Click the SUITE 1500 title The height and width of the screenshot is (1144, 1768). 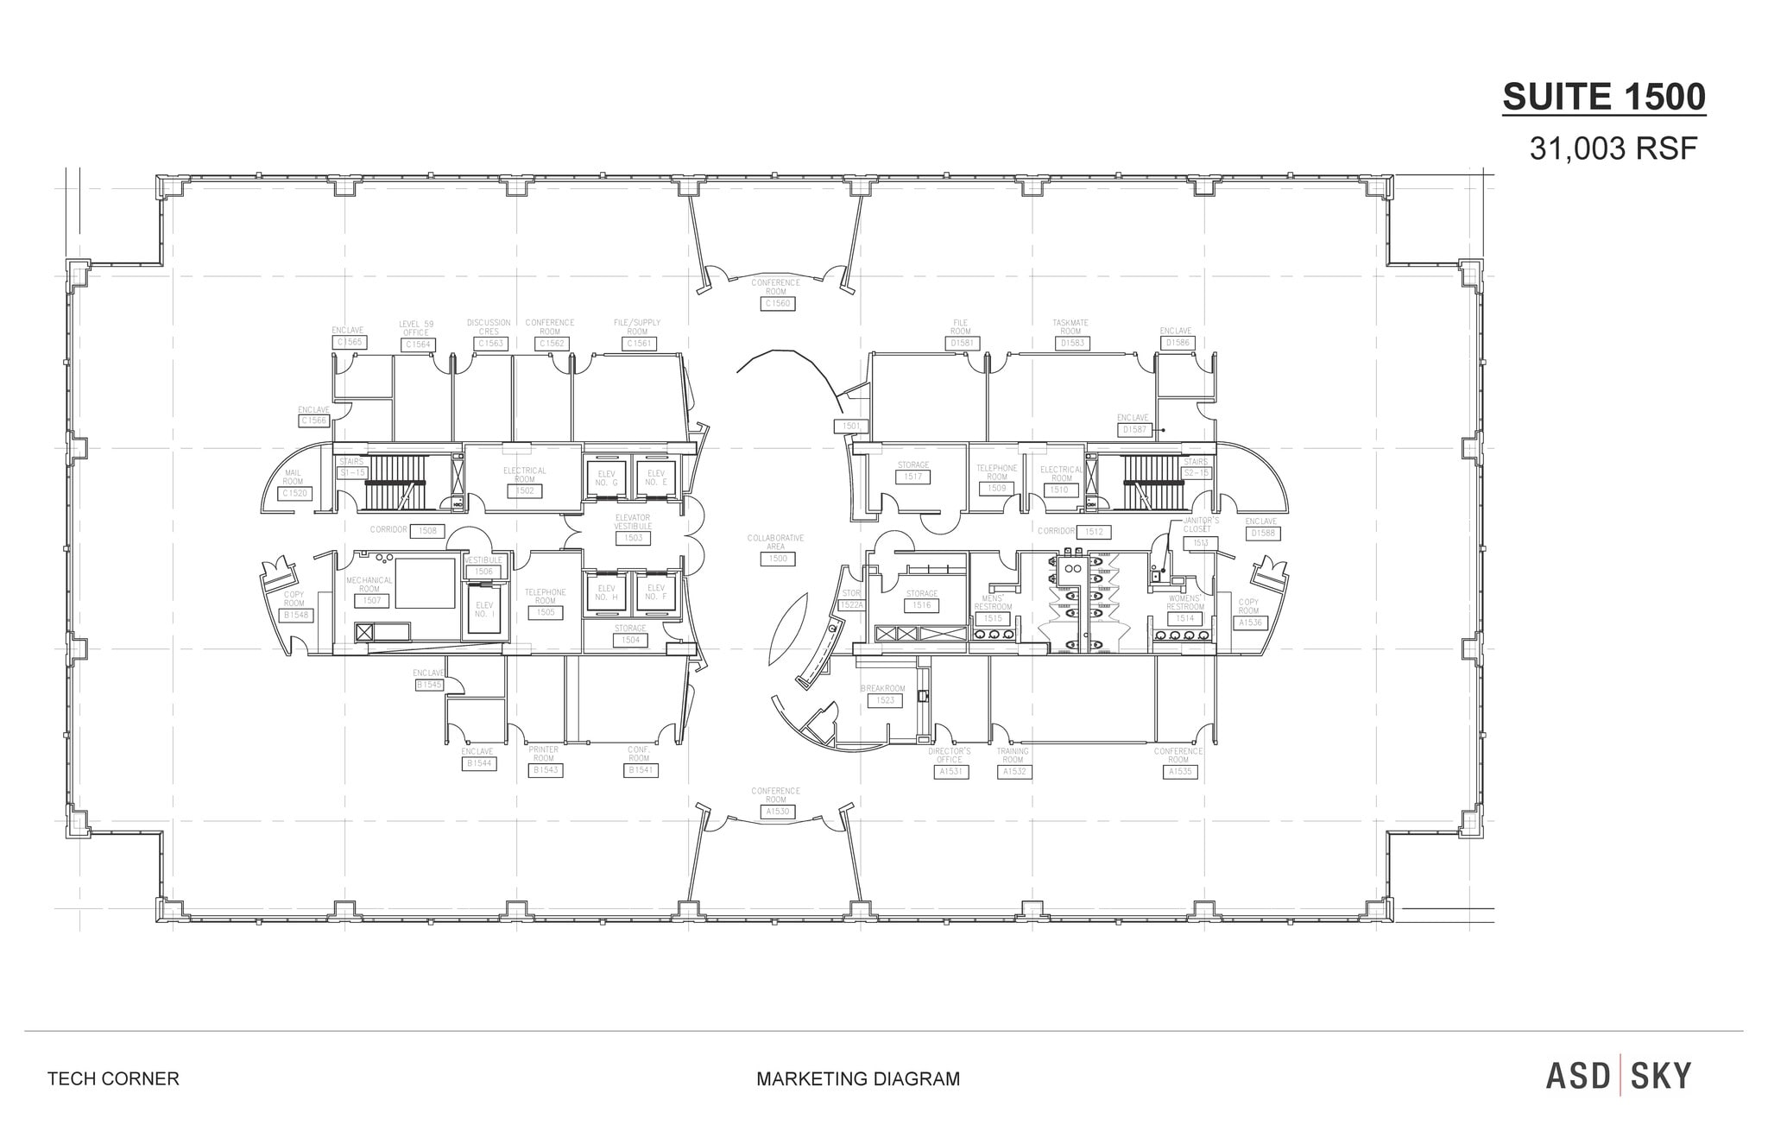[1604, 97]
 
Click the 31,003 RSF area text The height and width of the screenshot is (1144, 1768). [1613, 149]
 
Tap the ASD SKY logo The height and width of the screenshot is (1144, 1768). [1619, 1076]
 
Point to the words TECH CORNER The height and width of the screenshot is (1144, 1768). [113, 1078]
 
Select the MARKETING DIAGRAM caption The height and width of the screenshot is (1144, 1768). [857, 1078]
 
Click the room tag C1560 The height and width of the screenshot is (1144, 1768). [776, 304]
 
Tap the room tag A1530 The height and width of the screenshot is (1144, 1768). [775, 812]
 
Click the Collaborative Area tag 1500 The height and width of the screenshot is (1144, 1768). [778, 559]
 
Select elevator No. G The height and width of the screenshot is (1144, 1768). [606, 477]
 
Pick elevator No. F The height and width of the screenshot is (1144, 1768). [655, 593]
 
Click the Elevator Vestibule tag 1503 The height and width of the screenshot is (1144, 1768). [633, 538]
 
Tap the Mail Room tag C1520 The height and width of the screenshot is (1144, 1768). [294, 494]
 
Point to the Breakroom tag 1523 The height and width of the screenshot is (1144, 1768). [886, 700]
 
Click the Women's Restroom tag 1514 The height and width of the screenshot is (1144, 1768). [1184, 618]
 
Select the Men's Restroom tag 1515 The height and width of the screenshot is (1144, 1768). [993, 618]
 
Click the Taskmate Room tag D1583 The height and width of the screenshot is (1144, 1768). [1071, 343]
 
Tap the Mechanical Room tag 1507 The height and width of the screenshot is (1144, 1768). [371, 600]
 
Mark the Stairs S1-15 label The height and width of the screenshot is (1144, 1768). [352, 473]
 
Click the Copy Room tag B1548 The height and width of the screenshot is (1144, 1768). [295, 616]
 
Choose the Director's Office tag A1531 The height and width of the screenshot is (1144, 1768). [950, 772]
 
